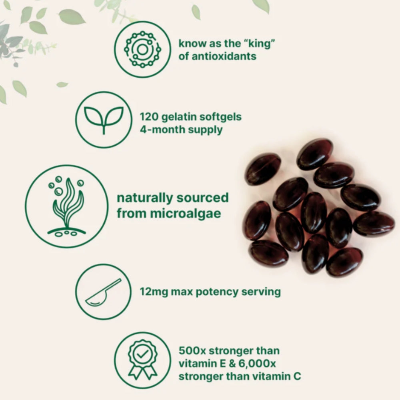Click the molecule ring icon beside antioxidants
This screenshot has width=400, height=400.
point(142,49)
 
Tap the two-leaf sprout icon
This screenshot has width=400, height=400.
point(103,120)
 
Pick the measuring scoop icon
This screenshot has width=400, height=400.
point(103,292)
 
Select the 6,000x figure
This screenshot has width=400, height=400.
point(264,364)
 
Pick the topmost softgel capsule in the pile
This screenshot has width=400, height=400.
point(315,153)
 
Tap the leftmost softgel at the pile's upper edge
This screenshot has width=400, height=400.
point(262,169)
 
